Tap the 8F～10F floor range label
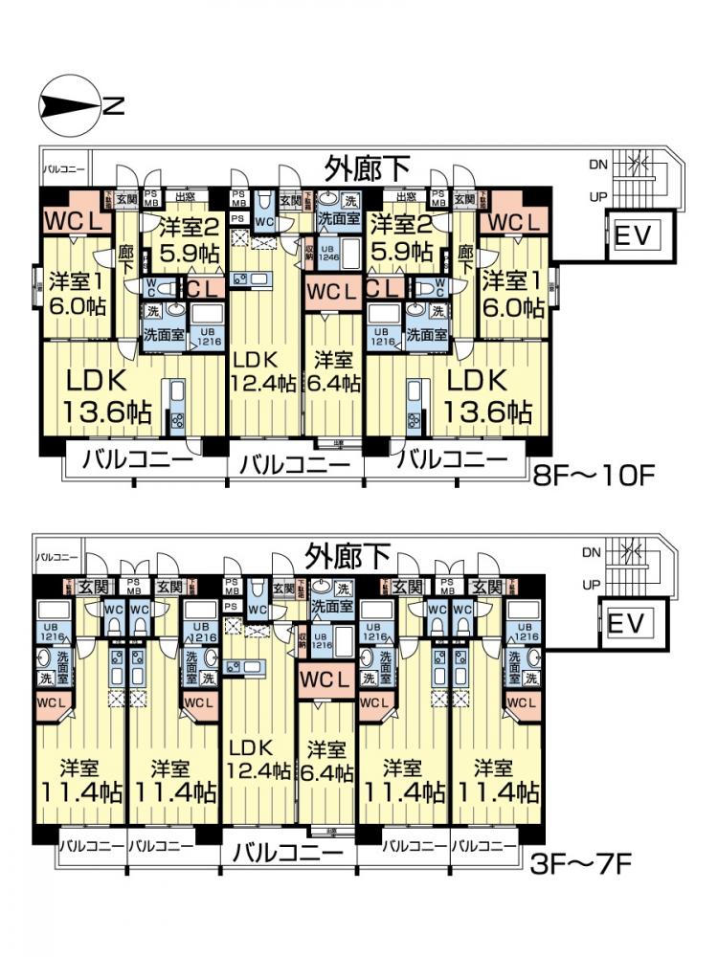[x=595, y=476]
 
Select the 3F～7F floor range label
[x=580, y=864]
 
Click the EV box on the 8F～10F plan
[x=634, y=235]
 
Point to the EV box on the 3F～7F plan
[x=627, y=623]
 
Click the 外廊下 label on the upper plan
[x=368, y=169]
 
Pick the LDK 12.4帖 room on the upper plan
[x=263, y=371]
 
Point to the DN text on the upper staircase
[x=598, y=165]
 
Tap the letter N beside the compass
[x=113, y=105]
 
